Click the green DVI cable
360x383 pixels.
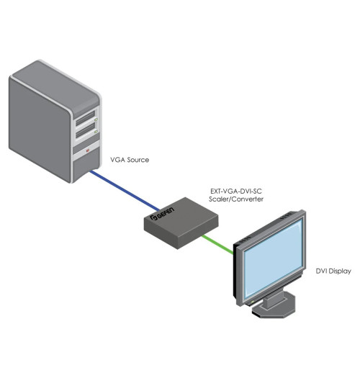[x=215, y=242]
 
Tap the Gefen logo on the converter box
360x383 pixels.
[x=160, y=216]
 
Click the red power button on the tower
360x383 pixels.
[x=88, y=151]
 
